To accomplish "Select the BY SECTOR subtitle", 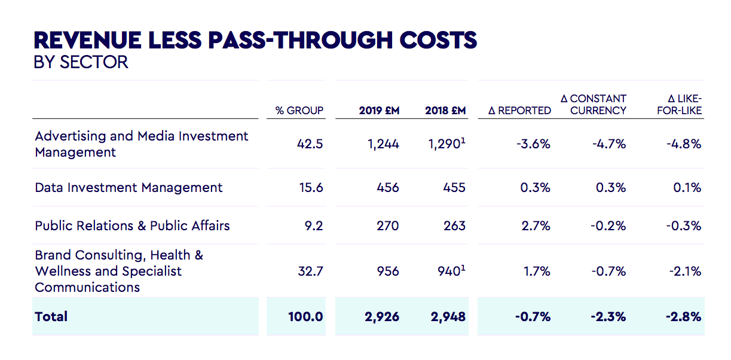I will pos(81,62).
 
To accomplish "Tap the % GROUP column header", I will pos(299,111).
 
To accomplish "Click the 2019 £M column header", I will pos(379,111).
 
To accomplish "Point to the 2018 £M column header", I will pos(445,111).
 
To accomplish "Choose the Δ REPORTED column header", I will pos(519,111).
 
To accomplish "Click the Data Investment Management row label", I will pos(129,188).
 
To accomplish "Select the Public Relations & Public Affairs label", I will pos(132,226).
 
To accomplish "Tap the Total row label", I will pos(51,316).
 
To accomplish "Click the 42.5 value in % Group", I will pos(310,144).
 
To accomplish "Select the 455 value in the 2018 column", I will pos(454,188).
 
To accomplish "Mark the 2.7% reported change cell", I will pos(536,226).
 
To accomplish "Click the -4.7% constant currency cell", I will pos(610,144).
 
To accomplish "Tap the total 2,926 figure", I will pos(382,316).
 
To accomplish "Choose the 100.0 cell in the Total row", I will pos(305,316).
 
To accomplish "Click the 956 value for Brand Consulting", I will pos(388,271).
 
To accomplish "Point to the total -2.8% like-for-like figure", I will pos(683,316).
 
